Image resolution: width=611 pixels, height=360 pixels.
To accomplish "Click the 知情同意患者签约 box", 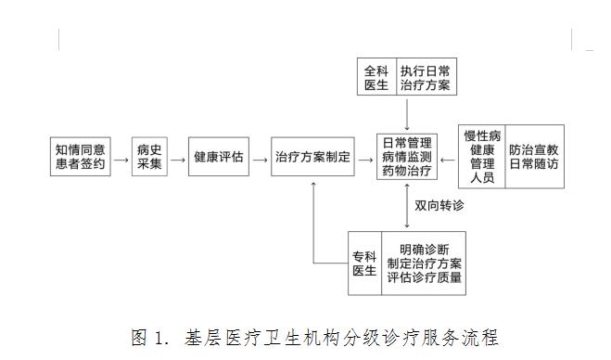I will point(81,157).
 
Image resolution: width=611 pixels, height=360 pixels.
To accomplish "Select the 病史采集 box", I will point(149,157).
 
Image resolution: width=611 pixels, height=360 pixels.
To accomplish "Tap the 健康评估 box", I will point(219,157).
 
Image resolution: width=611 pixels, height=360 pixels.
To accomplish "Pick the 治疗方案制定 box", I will point(313,157).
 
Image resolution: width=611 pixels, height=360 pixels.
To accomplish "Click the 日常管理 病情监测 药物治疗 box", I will point(407,157).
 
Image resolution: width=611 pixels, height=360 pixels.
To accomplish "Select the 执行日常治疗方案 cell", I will point(425,76).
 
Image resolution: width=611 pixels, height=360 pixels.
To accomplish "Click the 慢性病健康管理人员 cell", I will point(483,157).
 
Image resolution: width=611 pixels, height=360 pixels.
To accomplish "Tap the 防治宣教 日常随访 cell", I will point(534,157).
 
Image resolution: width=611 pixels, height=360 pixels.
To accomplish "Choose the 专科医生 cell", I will point(364,263).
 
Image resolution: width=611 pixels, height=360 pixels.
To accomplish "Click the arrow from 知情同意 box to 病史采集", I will point(121,158).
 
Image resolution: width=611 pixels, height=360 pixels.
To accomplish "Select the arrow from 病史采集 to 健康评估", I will point(178,158).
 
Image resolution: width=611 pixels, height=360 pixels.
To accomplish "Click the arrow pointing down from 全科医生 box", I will point(407,112).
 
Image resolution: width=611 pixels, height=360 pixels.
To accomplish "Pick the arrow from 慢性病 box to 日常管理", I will point(449,158).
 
